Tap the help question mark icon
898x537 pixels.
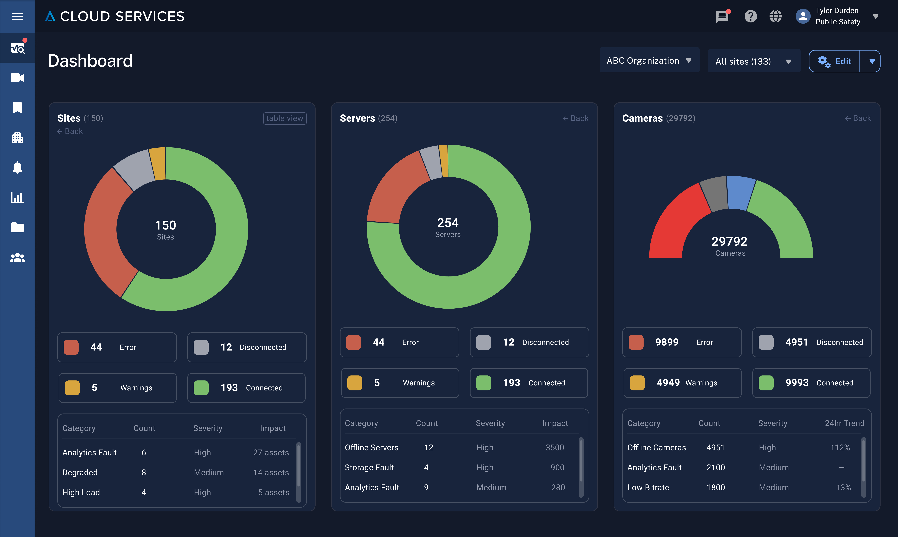pyautogui.click(x=750, y=16)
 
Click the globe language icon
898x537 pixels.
pyautogui.click(x=775, y=16)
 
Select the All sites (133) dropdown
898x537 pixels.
pyautogui.click(x=753, y=61)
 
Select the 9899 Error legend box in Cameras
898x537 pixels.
pyautogui.click(x=682, y=342)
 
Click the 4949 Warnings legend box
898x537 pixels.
pyautogui.click(x=682, y=383)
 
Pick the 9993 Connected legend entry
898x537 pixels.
pyautogui.click(x=811, y=383)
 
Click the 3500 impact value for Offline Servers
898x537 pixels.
pyautogui.click(x=555, y=448)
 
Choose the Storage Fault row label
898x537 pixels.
pyautogui.click(x=369, y=467)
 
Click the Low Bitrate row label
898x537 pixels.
pyautogui.click(x=648, y=487)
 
